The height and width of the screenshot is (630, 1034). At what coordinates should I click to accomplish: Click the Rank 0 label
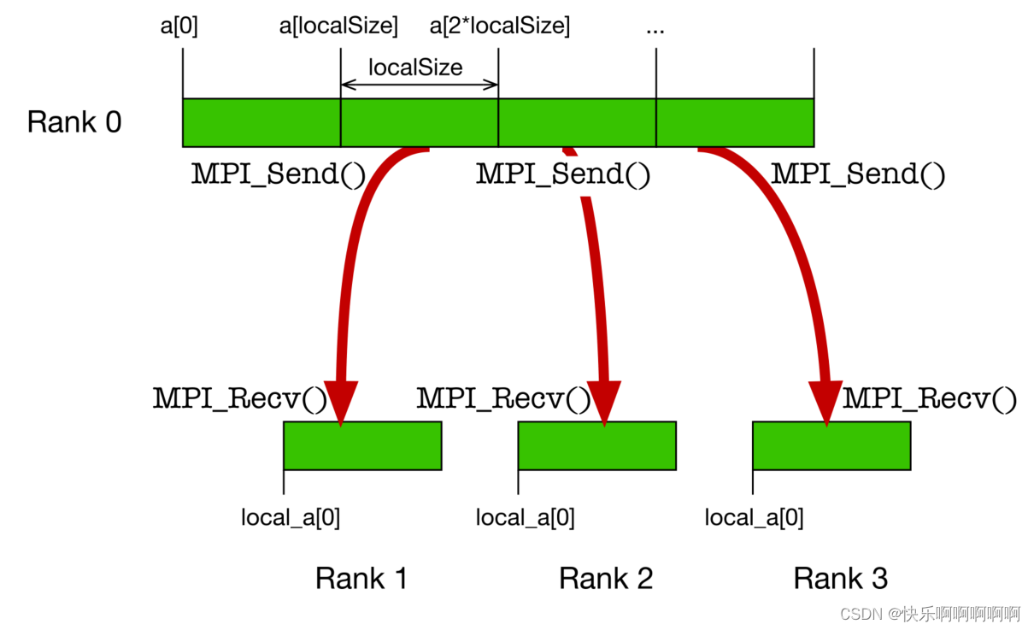click(74, 122)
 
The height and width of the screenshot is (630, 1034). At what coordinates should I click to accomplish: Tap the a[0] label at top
click(179, 26)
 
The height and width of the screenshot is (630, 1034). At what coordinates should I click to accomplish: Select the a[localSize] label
click(338, 26)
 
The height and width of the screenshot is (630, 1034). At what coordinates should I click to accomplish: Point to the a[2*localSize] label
click(499, 26)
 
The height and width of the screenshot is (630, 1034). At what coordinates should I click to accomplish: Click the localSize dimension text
click(415, 68)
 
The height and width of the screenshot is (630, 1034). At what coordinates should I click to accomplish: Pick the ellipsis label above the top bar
click(655, 28)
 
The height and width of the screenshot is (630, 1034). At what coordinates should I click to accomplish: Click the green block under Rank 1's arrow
click(362, 445)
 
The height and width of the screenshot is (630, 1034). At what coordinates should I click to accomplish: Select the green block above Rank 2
click(596, 445)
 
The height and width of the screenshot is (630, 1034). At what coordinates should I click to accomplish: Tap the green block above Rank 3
click(831, 445)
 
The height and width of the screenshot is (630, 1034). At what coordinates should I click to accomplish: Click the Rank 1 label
click(361, 579)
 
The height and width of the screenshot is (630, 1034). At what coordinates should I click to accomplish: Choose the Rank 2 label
click(605, 579)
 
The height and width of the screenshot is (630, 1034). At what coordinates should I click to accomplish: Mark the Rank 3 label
click(840, 579)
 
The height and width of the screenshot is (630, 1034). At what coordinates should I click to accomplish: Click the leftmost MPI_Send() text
click(279, 174)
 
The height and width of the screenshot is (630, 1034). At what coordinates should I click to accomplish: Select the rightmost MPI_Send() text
click(858, 174)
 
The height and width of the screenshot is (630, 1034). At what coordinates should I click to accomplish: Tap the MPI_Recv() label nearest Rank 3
click(930, 398)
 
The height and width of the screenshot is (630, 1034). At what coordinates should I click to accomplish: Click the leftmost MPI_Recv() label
click(240, 398)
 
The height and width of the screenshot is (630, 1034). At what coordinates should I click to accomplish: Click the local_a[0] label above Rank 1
click(291, 517)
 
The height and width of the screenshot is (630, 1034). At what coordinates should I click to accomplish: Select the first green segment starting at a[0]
click(261, 122)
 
